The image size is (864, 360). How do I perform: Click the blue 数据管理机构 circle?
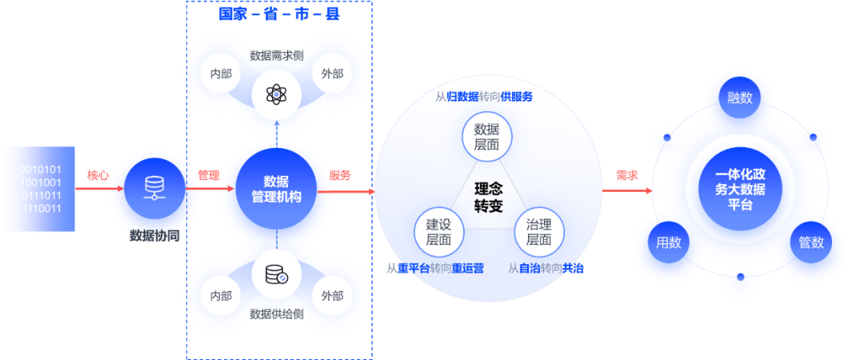tap(277, 189)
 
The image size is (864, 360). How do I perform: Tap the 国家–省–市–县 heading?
tap(279, 14)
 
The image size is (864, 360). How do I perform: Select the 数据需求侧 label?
tap(277, 55)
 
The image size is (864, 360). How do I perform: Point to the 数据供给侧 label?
tap(277, 314)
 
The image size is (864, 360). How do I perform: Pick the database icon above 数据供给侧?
tap(276, 276)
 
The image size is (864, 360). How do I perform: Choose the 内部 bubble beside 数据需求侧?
tap(221, 74)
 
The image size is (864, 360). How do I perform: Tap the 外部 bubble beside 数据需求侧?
tap(332, 74)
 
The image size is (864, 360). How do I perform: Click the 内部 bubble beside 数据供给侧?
tap(221, 296)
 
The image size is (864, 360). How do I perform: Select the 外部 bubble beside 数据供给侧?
tap(332, 296)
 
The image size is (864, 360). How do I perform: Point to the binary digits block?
tap(39, 189)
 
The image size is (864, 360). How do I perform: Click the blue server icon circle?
tap(152, 190)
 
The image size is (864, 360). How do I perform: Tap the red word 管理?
tap(209, 175)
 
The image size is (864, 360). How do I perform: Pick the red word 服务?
tap(340, 175)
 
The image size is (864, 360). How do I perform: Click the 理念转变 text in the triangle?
tap(489, 197)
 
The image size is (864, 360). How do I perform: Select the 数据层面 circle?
tap(486, 136)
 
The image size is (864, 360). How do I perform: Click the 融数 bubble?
tap(739, 98)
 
